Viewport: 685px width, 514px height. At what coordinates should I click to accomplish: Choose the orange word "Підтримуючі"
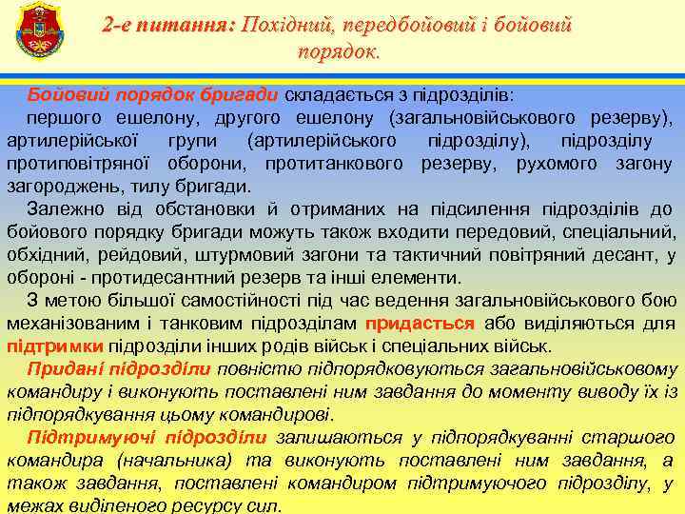pos(85,438)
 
